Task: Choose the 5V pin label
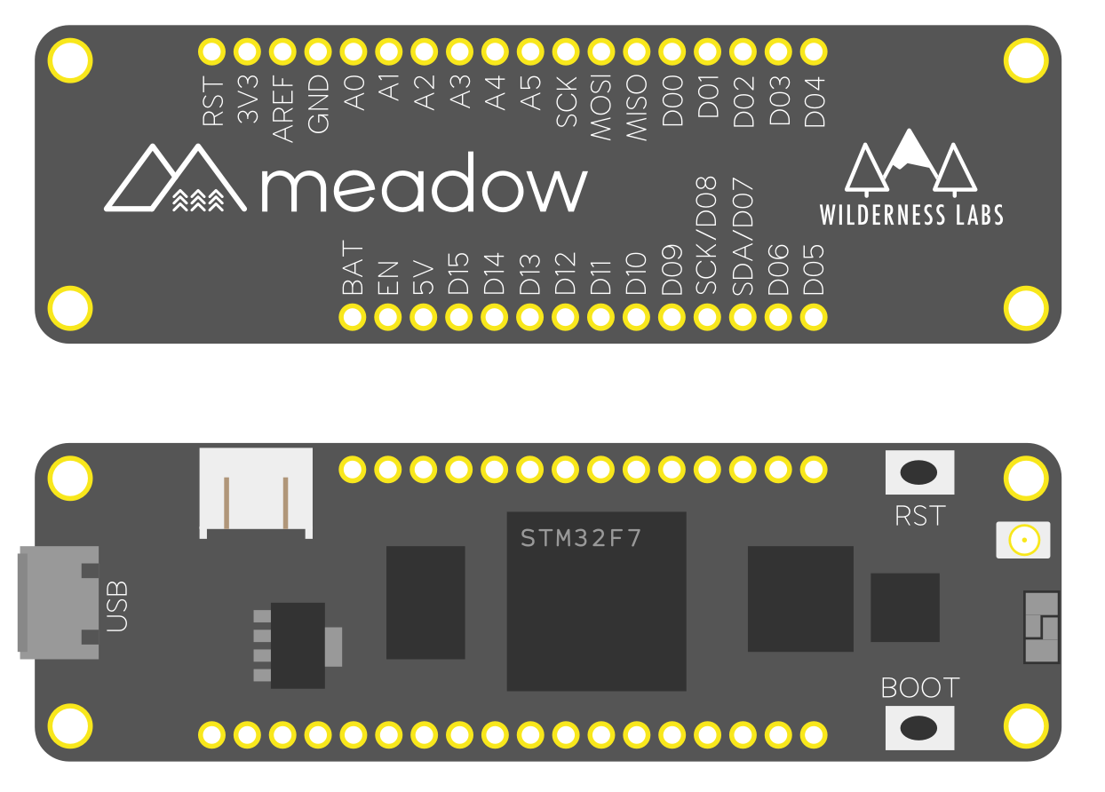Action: tap(424, 276)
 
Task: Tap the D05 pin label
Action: tap(815, 269)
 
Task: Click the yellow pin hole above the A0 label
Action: tap(354, 52)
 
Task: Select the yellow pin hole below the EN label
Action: tap(388, 317)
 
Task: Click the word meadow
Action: tap(425, 184)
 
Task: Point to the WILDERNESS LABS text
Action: tap(911, 215)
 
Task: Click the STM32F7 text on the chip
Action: tap(581, 538)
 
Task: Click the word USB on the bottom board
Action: tap(117, 607)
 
